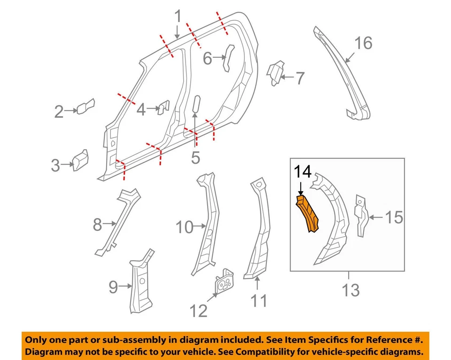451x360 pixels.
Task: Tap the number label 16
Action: pos(363,43)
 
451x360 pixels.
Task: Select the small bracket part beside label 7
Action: pos(275,73)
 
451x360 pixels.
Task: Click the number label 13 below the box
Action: pos(350,290)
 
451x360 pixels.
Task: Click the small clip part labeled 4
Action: pos(163,108)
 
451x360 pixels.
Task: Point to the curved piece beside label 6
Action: pos(228,57)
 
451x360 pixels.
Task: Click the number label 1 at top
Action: pos(178,17)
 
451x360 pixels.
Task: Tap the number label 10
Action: pos(185,227)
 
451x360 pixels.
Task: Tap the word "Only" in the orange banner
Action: pos(36,340)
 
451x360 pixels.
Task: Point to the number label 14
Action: pos(303,172)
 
